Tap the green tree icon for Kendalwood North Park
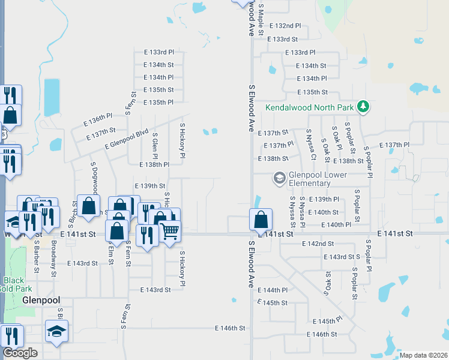[363, 107]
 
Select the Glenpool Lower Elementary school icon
[279, 178]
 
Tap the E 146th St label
[231, 328]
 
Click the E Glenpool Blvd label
[126, 140]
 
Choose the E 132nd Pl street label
[285, 26]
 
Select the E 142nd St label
[318, 244]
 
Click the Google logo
[20, 353]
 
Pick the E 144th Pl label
[273, 290]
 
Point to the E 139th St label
[150, 186]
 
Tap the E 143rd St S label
[342, 257]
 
